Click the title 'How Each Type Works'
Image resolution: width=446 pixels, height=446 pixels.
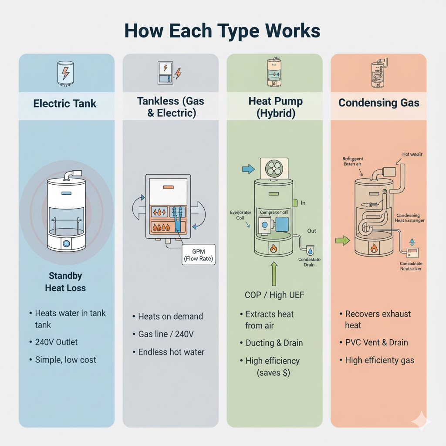tap(223, 31)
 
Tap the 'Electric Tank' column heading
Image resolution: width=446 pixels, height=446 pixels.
tap(65, 104)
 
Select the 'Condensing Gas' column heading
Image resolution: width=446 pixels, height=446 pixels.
tap(378, 103)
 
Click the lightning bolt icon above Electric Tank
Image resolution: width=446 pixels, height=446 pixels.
tap(65, 73)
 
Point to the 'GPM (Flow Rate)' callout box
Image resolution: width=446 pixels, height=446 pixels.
tap(198, 255)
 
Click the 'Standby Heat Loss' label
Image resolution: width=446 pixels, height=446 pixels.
tap(65, 282)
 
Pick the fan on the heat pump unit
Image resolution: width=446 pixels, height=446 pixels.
tap(274, 168)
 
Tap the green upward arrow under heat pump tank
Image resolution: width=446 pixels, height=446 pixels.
tap(274, 273)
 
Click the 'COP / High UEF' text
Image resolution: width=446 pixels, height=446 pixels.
tap(274, 295)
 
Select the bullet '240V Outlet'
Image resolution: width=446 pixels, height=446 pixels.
tap(56, 342)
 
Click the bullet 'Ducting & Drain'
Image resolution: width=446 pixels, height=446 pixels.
tap(274, 343)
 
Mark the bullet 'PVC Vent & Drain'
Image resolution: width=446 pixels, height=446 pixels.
tap(376, 342)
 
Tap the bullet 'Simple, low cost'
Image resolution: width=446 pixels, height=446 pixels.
tap(65, 360)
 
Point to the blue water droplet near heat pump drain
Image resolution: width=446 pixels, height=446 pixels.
tap(310, 251)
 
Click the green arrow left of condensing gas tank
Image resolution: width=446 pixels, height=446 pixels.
tap(343, 240)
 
